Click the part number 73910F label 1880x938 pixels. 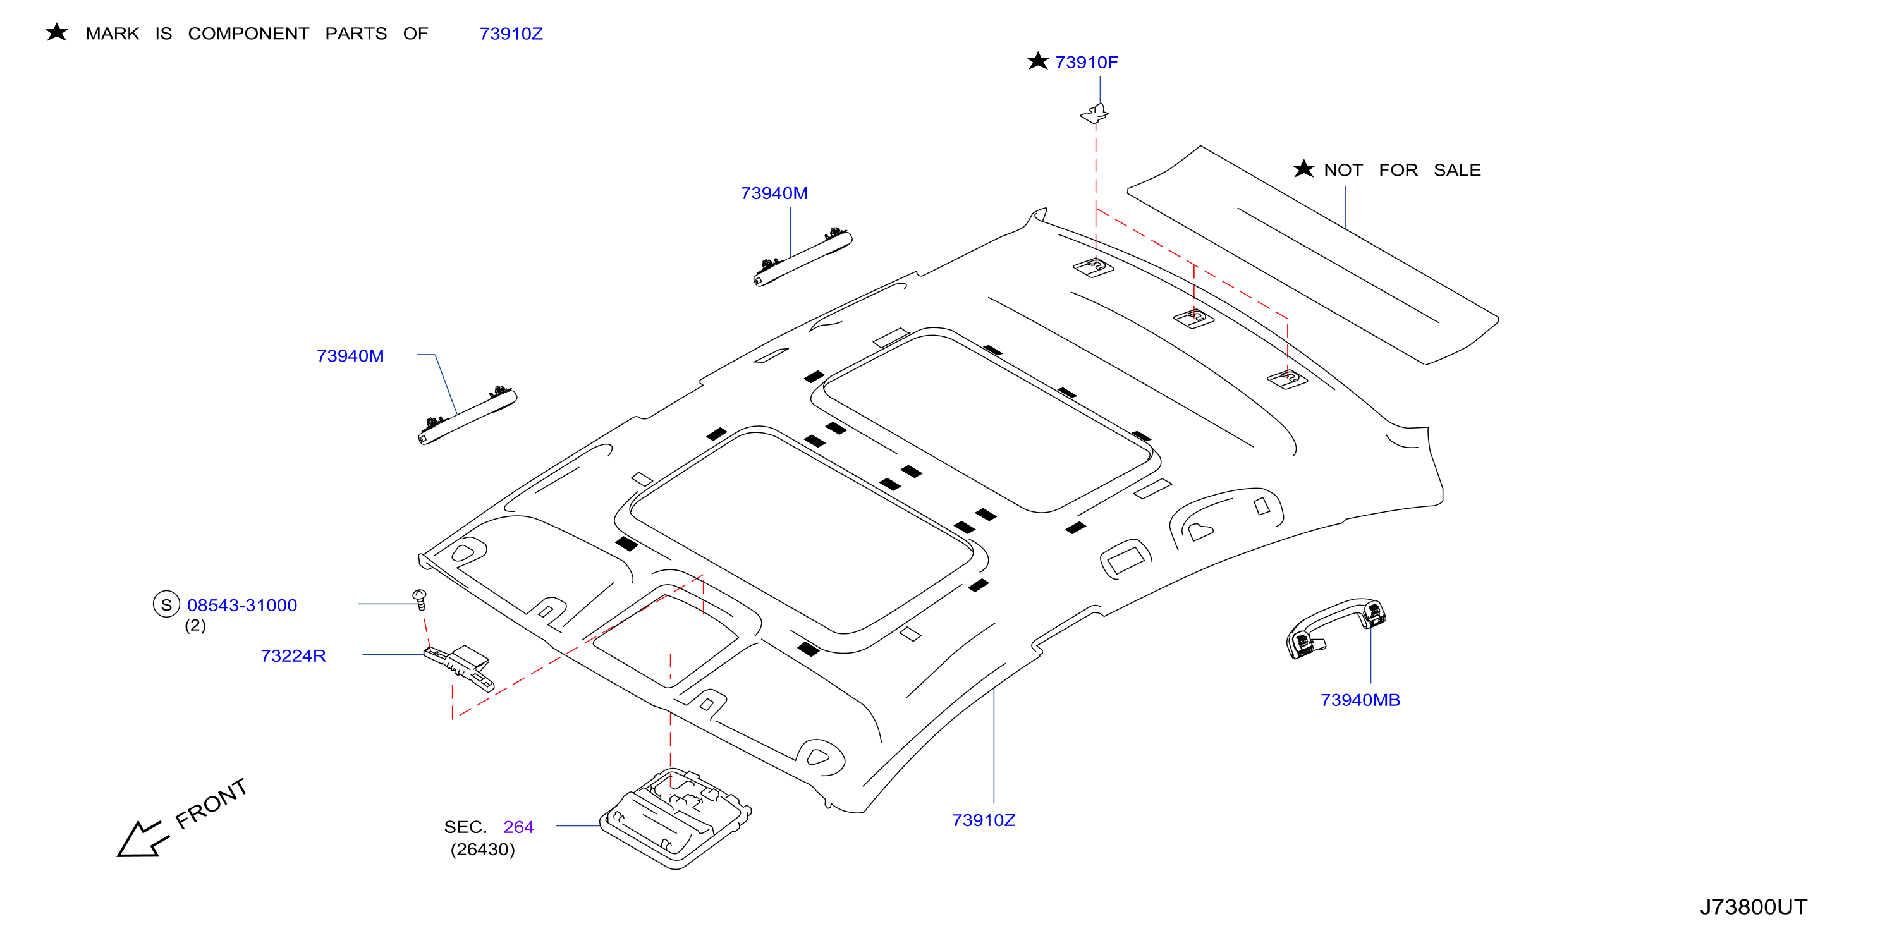point(1086,63)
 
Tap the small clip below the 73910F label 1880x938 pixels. point(1095,113)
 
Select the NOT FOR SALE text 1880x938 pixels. point(1402,170)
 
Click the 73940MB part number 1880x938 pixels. point(1360,700)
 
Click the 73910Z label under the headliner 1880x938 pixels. point(983,820)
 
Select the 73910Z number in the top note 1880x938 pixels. point(511,33)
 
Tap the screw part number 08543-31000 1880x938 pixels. point(241,605)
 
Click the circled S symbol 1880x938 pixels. point(166,604)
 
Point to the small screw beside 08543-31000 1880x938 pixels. point(420,599)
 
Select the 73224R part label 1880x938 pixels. point(293,655)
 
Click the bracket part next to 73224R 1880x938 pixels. point(459,666)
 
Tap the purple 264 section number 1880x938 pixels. point(518,827)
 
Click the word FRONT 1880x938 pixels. point(212,804)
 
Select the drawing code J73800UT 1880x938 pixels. point(1753,907)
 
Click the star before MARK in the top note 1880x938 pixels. point(56,32)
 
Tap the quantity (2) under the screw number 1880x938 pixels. point(195,626)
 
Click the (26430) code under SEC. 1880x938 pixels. point(482,850)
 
